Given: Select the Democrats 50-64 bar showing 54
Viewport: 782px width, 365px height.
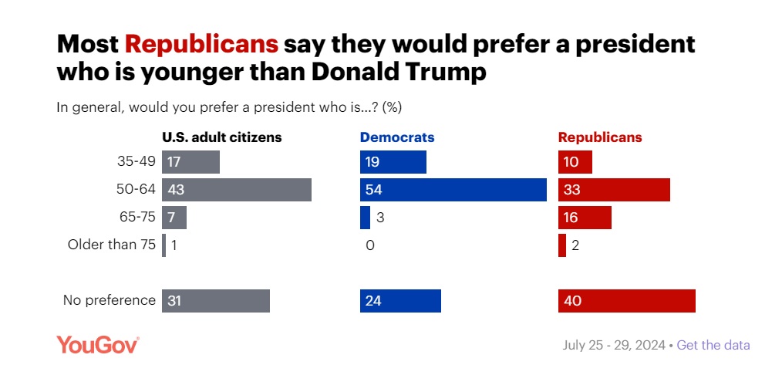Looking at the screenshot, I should pyautogui.click(x=453, y=190).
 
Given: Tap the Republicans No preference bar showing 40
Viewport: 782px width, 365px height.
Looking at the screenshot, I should pyautogui.click(x=626, y=301).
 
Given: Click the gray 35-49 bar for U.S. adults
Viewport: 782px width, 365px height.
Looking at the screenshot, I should pyautogui.click(x=190, y=162).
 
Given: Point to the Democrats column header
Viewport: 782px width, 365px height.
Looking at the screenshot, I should pyautogui.click(x=397, y=138).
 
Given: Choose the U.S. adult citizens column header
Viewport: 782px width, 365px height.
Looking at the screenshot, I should pyautogui.click(x=221, y=138).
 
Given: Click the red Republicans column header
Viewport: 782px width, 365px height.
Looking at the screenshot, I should pyautogui.click(x=600, y=138).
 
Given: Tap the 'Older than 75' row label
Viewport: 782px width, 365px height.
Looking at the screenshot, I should pyautogui.click(x=112, y=245).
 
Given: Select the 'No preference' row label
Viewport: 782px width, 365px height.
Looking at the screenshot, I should pyautogui.click(x=109, y=300).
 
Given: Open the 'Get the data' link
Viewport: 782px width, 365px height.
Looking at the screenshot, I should pyautogui.click(x=713, y=345).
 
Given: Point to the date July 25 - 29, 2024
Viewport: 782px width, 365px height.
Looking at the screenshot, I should pyautogui.click(x=614, y=345).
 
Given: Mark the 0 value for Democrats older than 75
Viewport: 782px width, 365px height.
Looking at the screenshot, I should pyautogui.click(x=370, y=245).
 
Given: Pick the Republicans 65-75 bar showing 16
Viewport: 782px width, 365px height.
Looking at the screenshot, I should pyautogui.click(x=585, y=218).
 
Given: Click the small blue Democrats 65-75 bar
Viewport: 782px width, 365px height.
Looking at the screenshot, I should pyautogui.click(x=365, y=218).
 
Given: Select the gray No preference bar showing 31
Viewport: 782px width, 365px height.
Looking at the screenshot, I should pyautogui.click(x=215, y=301).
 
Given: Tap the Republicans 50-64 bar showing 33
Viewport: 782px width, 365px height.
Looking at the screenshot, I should pyautogui.click(x=614, y=190).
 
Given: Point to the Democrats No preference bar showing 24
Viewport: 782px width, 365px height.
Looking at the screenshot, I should pyautogui.click(x=400, y=301).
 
